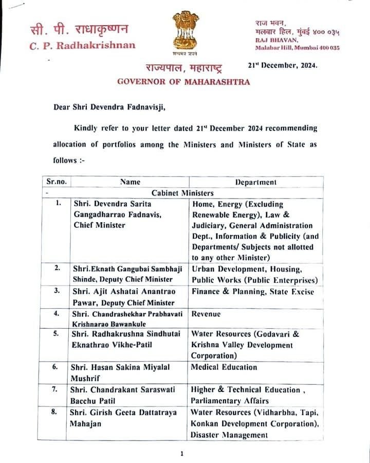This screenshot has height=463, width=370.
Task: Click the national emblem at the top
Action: pyautogui.click(x=185, y=32)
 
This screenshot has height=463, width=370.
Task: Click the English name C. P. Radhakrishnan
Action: pyautogui.click(x=83, y=45)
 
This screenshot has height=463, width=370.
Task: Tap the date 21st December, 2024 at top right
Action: pyautogui.click(x=282, y=65)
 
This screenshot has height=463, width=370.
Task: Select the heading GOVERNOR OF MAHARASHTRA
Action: pyautogui.click(x=184, y=81)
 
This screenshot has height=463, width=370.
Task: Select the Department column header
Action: pyautogui.click(x=255, y=182)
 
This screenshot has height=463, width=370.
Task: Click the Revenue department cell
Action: pyautogui.click(x=206, y=313)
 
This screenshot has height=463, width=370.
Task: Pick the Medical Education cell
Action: pyautogui.click(x=224, y=367)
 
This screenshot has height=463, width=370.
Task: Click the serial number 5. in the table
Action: pyautogui.click(x=58, y=333)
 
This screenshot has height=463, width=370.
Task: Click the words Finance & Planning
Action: pyautogui.click(x=224, y=292)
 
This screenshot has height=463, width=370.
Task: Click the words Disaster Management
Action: pyautogui.click(x=229, y=435)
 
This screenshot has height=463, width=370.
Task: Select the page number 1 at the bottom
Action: pyautogui.click(x=182, y=453)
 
